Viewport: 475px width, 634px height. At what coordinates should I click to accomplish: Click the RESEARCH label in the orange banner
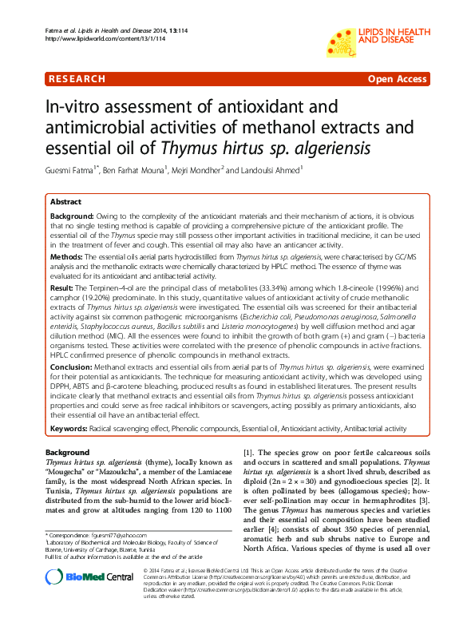(77, 80)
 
